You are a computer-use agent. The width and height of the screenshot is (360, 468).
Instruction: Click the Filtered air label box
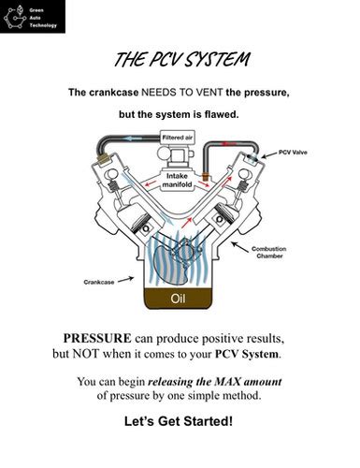tap(178, 138)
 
